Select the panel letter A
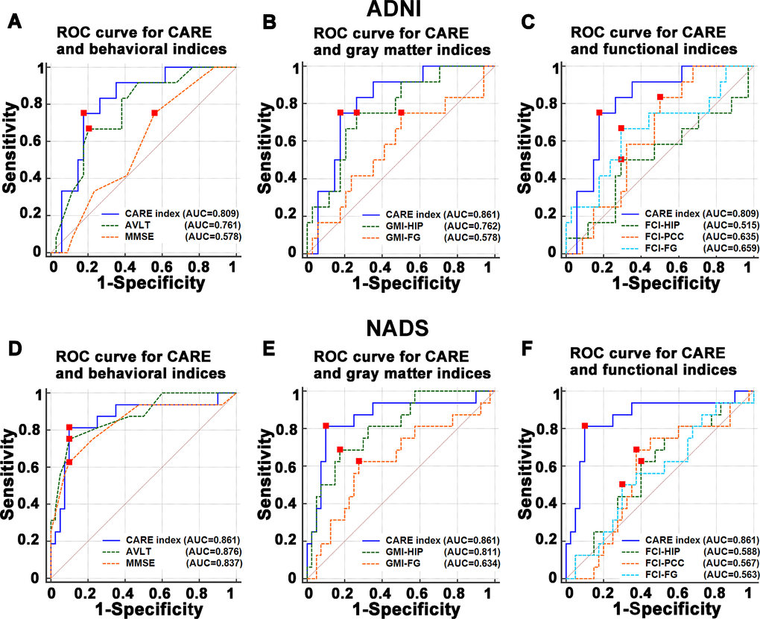click(13, 22)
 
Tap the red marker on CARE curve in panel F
click(585, 425)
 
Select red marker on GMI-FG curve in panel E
click(358, 462)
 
